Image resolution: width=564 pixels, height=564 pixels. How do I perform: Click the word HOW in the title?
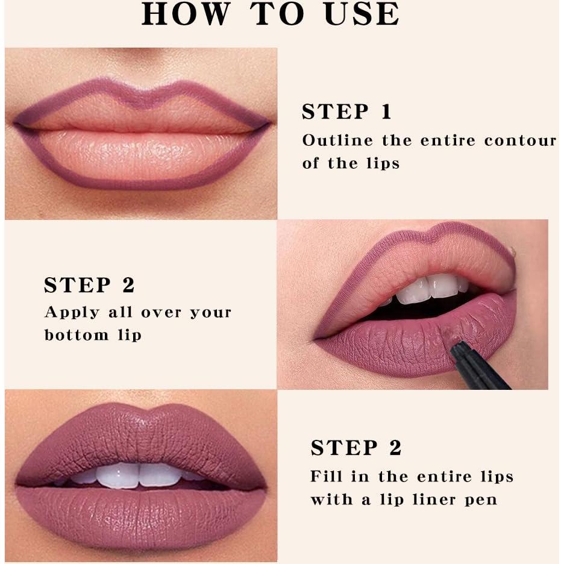click(186, 14)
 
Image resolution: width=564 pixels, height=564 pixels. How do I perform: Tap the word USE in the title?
click(362, 14)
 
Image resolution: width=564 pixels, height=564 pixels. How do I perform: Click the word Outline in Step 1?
click(337, 140)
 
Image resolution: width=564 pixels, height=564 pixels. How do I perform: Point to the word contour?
click(520, 140)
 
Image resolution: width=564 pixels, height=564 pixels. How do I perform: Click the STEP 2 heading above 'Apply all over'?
click(89, 285)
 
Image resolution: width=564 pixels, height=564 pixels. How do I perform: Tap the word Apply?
click(72, 313)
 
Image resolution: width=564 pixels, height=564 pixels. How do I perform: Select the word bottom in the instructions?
click(77, 335)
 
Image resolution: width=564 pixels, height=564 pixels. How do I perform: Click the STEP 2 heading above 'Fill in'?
click(356, 448)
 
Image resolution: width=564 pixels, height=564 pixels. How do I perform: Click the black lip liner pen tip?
click(457, 346)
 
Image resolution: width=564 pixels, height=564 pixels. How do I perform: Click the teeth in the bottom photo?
click(140, 475)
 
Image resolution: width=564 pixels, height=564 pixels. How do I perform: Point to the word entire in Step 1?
click(448, 140)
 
